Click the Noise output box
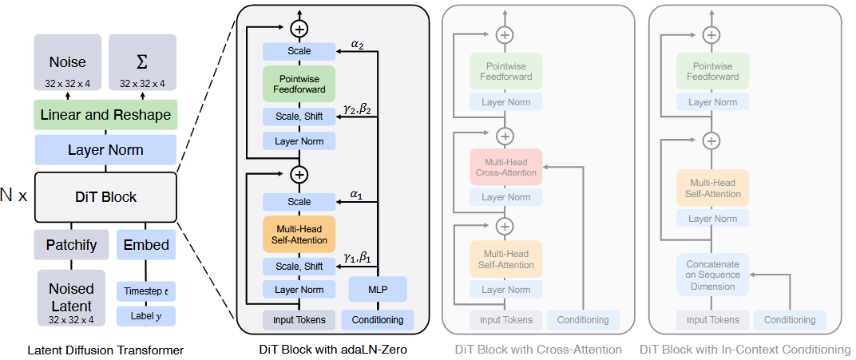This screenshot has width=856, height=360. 68,67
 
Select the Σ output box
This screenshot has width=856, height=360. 142,67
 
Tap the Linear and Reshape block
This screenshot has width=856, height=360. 105,116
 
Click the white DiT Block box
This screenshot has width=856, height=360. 105,197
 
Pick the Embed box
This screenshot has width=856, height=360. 147,244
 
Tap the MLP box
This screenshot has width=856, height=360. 378,289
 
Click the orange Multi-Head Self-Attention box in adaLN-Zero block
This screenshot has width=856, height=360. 299,233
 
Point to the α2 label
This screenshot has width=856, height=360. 357,45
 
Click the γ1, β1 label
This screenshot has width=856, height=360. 357,256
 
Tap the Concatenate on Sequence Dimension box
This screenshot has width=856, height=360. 712,274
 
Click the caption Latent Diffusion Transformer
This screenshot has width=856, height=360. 105,350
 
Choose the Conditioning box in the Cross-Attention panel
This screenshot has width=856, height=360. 583,320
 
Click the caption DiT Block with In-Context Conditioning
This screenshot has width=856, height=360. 745,350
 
